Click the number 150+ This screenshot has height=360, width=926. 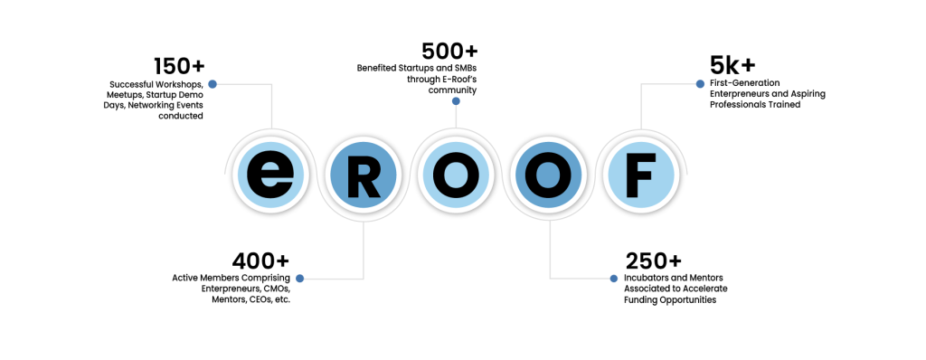tap(178, 66)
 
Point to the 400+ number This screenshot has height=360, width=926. tap(261, 261)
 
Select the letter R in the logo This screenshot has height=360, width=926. tap(363, 174)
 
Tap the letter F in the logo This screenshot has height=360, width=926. tap(640, 174)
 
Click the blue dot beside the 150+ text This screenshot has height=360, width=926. tap(213, 84)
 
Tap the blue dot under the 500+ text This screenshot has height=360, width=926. tap(456, 101)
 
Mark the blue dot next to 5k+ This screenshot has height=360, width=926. tap(699, 84)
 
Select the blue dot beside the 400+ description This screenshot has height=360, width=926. tap(300, 278)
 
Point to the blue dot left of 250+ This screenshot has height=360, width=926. tap(614, 278)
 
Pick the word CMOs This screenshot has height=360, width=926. tap(272, 288)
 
